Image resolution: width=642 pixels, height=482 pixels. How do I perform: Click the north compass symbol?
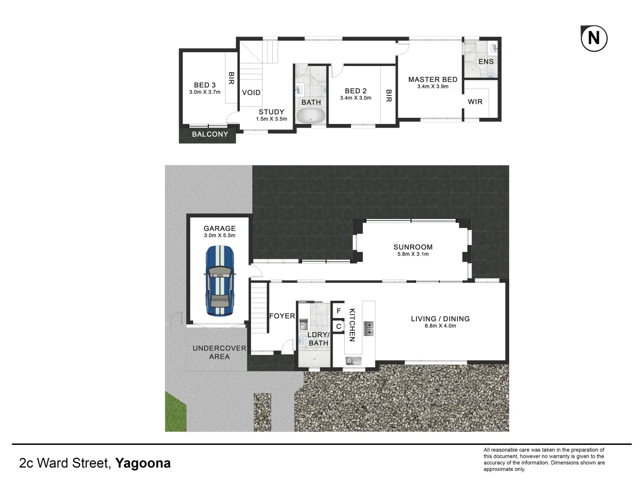click(594, 38)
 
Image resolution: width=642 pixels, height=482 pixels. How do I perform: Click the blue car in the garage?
click(219, 281)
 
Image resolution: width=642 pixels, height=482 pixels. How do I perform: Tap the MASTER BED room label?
click(432, 79)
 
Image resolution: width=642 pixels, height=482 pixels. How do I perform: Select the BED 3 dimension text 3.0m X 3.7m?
click(205, 92)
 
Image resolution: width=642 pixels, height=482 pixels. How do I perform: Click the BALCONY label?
click(210, 134)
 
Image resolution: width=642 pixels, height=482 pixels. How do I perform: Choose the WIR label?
click(475, 102)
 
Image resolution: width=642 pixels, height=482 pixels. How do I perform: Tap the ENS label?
click(486, 62)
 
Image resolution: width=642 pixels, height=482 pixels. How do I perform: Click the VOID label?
click(251, 93)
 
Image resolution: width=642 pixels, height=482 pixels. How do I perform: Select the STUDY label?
click(271, 112)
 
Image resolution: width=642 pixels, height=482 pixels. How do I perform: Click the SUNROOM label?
click(413, 247)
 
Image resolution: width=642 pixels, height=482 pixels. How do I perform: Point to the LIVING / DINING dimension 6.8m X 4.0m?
click(440, 326)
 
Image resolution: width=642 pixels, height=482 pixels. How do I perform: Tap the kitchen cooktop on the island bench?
click(369, 328)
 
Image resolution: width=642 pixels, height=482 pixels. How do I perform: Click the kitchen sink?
click(353, 361)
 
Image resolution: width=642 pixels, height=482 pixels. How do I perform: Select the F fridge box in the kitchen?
click(338, 311)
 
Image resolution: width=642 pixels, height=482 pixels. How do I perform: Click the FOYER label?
click(282, 316)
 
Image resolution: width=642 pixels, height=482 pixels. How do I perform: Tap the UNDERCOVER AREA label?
click(219, 352)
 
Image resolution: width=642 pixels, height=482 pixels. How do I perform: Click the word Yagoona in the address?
click(143, 463)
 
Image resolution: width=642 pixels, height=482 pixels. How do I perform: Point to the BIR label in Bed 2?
click(388, 96)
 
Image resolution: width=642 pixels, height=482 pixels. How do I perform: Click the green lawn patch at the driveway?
click(175, 413)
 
